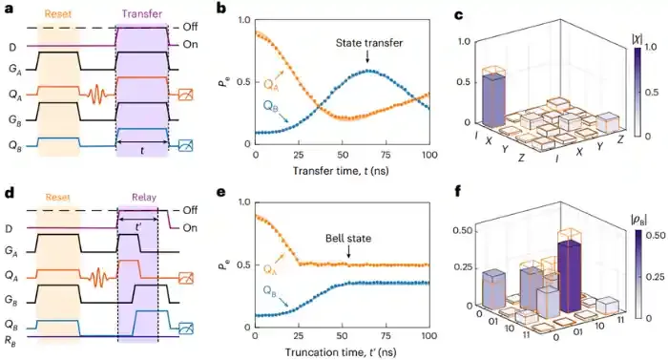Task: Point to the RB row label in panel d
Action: coord(10,337)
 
